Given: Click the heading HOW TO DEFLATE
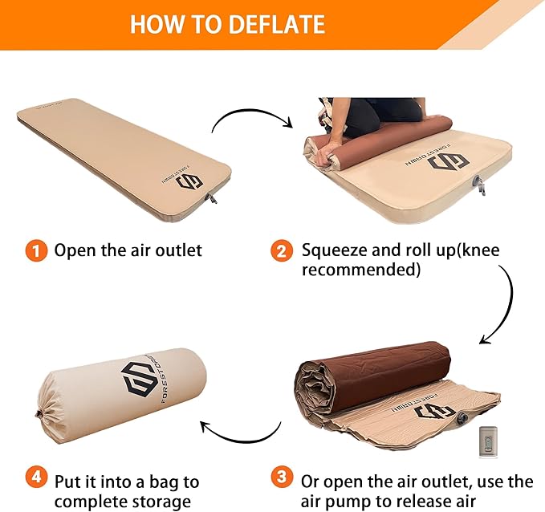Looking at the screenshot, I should (227, 23).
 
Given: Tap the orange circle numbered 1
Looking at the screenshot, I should (35, 250).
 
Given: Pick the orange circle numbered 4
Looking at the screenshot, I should (35, 480).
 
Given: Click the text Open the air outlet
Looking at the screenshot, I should (128, 250).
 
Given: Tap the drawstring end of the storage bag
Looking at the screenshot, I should (38, 415).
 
